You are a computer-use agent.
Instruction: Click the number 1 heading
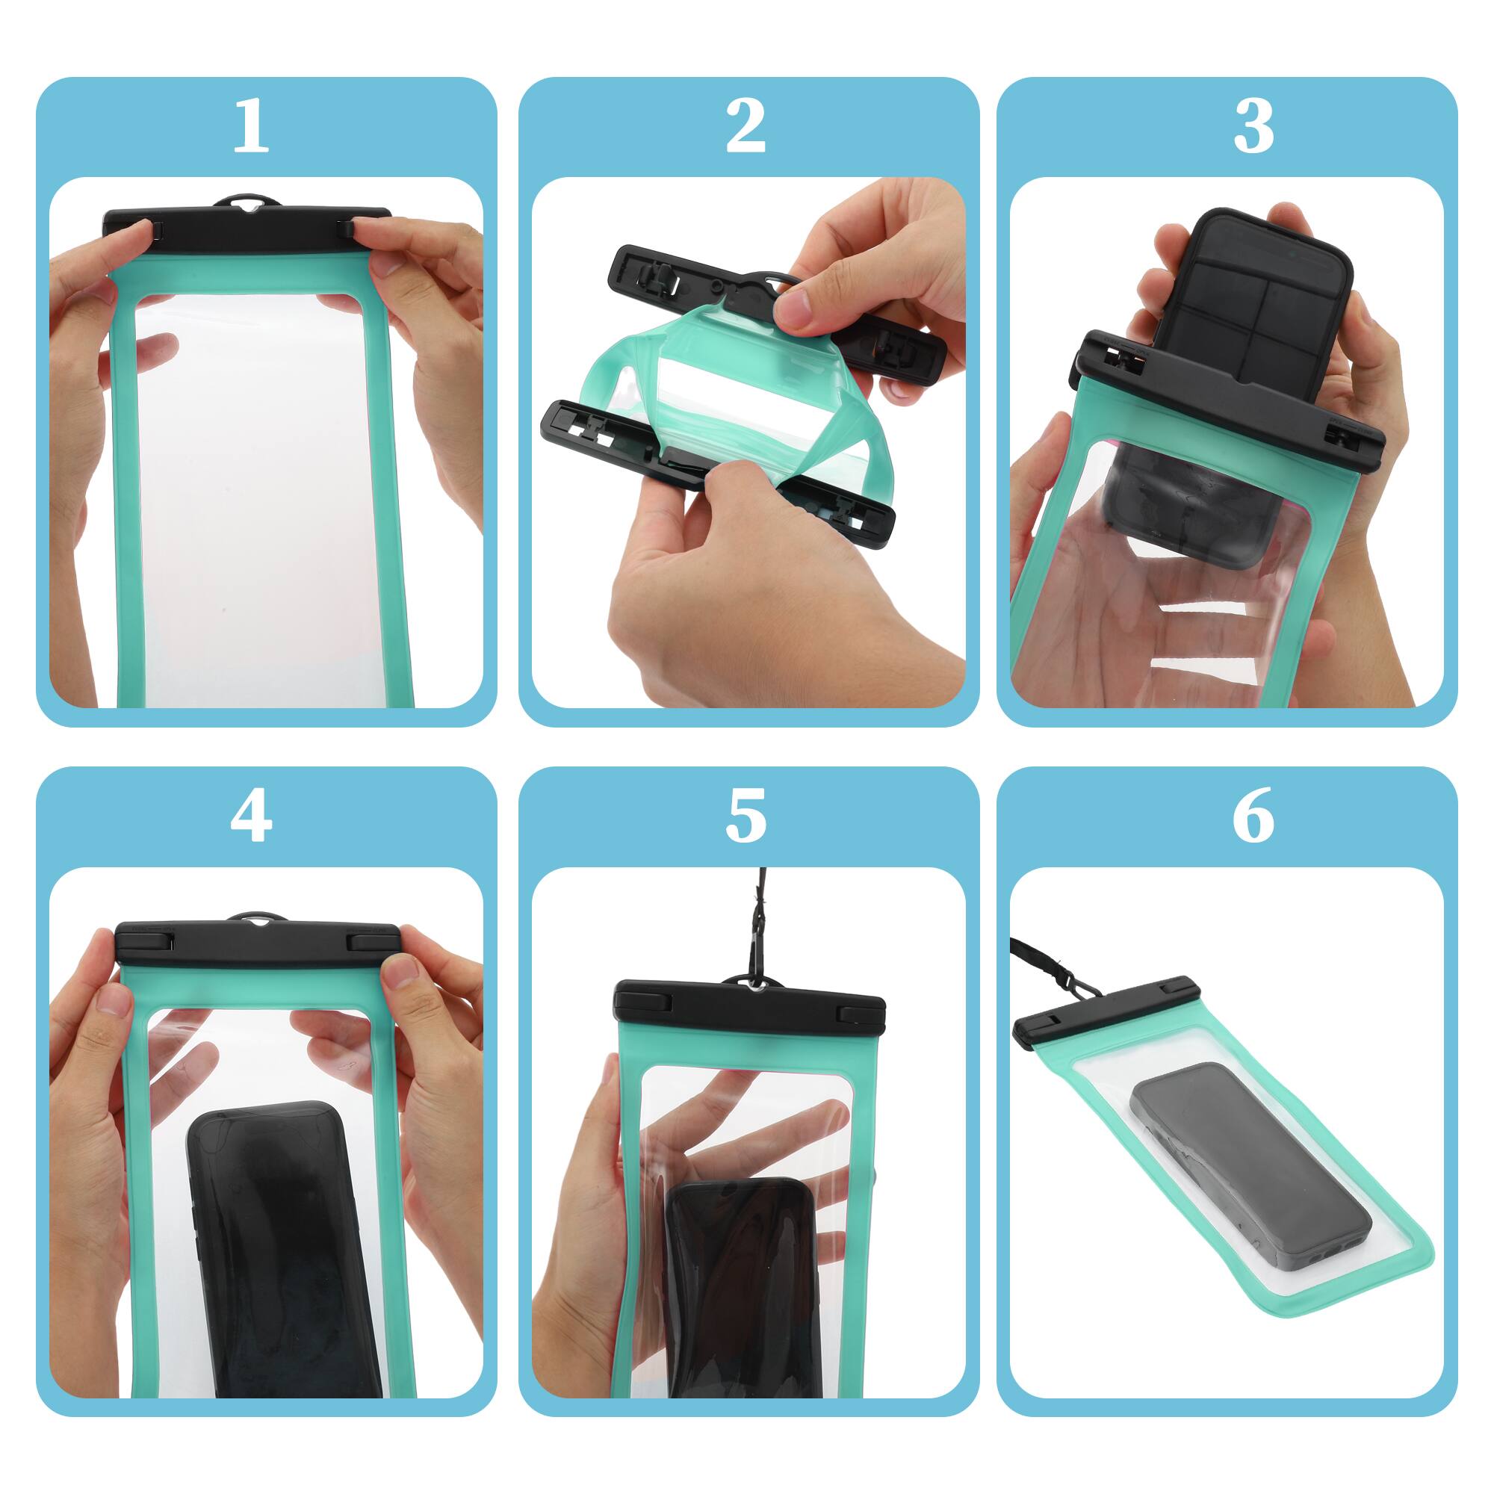(x=250, y=125)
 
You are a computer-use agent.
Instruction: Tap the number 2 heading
(x=746, y=125)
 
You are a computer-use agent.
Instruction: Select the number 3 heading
(x=1253, y=125)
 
